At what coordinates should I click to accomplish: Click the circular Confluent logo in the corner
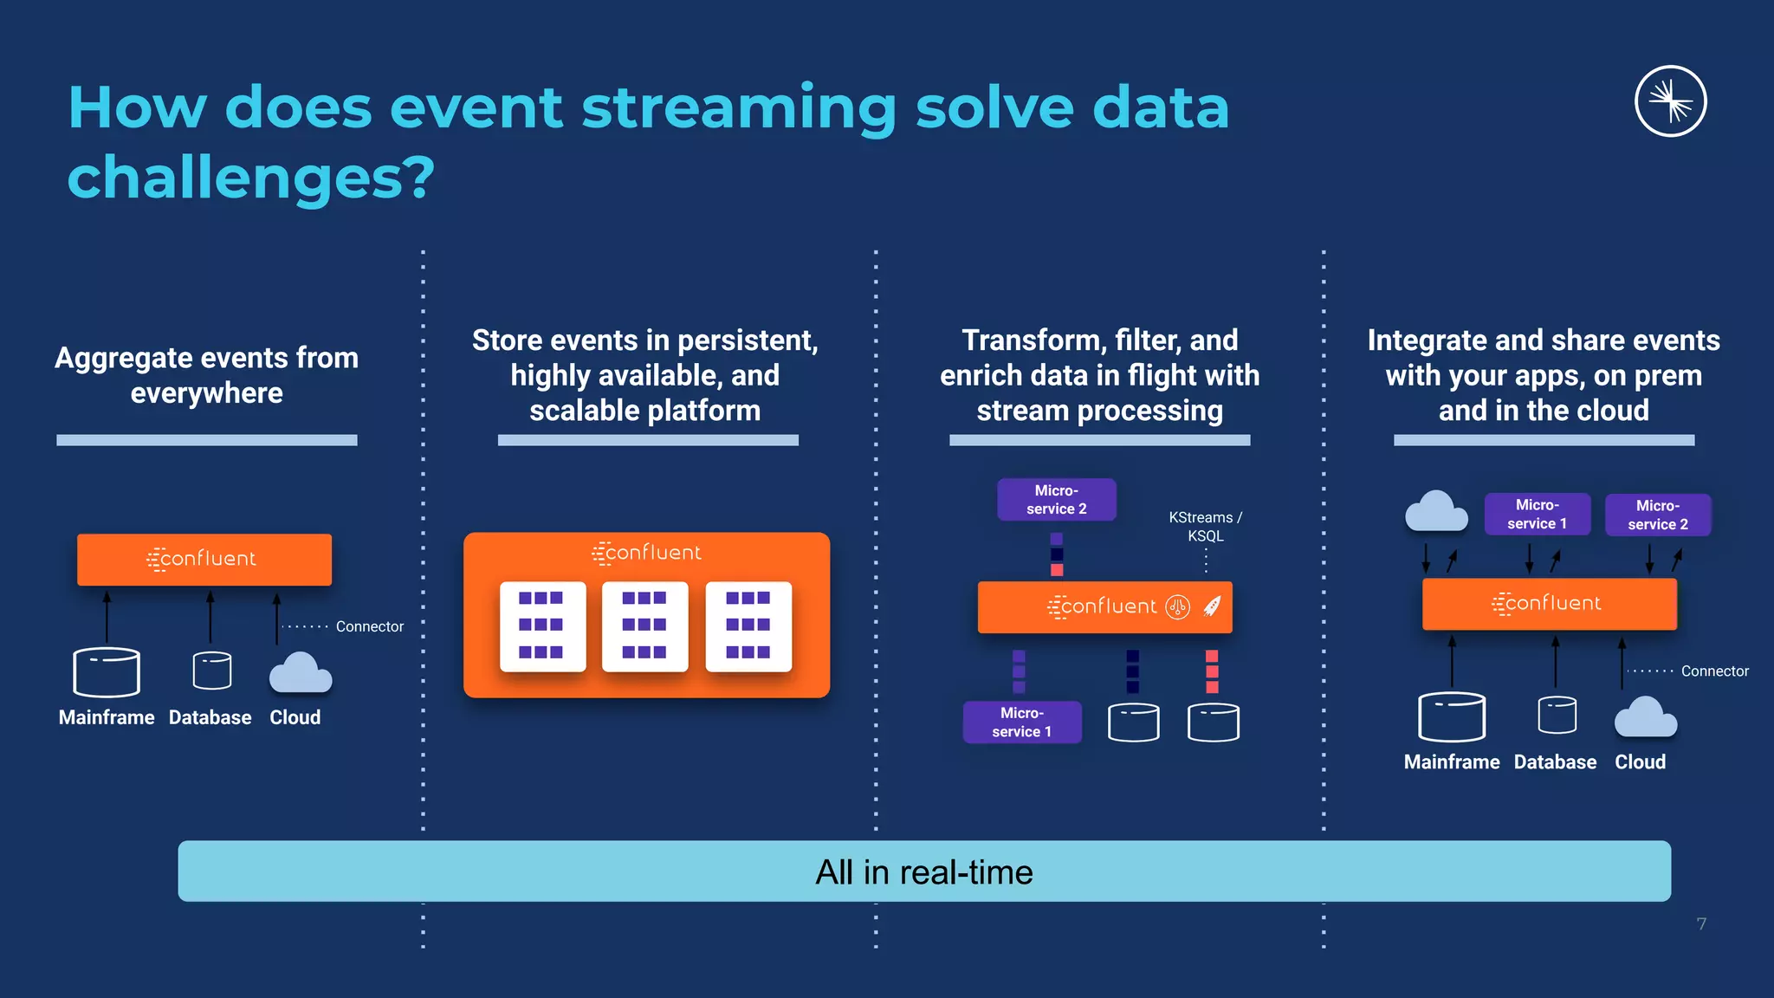tap(1670, 101)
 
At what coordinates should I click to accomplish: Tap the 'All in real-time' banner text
tap(923, 872)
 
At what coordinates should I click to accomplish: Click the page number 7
tap(1701, 923)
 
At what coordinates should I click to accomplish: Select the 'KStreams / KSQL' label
tap(1205, 526)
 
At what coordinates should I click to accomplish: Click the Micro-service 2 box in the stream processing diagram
tap(1056, 500)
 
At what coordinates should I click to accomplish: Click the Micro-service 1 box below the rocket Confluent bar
tap(1021, 722)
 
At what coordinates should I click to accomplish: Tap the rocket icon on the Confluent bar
tap(1212, 606)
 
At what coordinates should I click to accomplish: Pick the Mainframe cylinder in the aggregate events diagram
tap(107, 672)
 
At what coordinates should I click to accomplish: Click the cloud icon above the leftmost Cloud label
tap(301, 673)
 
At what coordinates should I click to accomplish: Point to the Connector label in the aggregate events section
tap(369, 626)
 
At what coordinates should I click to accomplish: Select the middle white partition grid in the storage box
tap(644, 625)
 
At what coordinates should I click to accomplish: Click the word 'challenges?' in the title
tap(250, 178)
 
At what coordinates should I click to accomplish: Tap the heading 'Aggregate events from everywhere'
tap(206, 375)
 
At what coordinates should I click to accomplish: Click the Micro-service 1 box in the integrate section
tap(1537, 515)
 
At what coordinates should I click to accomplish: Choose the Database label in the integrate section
tap(1555, 761)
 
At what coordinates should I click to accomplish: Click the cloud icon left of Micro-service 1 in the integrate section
tap(1435, 511)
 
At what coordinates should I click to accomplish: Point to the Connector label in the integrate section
tap(1714, 671)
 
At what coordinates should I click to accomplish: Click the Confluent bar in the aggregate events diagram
tap(204, 560)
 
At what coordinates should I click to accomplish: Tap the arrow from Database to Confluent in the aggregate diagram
tap(210, 617)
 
